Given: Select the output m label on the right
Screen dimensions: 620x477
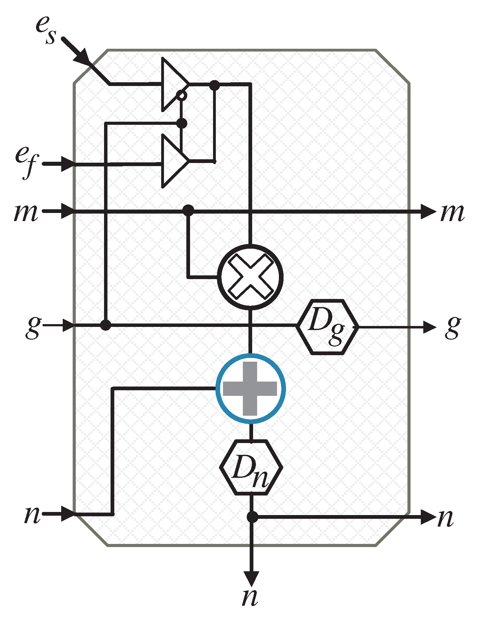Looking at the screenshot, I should click(x=452, y=212).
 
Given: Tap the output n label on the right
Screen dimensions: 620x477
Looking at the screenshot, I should click(x=446, y=518).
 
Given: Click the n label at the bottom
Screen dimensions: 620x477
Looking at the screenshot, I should click(x=250, y=596).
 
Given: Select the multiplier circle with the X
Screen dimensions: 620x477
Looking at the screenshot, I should click(x=250, y=277).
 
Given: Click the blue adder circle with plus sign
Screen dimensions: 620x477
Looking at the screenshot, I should click(x=250, y=388).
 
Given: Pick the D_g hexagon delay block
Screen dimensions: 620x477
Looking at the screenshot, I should click(x=328, y=327).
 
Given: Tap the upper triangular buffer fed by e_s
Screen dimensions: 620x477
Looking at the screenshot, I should click(x=173, y=84).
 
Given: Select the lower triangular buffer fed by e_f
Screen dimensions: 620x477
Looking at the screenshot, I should click(x=173, y=161).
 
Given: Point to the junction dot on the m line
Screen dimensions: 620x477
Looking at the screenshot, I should click(x=188, y=210).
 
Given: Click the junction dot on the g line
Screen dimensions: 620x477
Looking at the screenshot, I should click(x=106, y=325).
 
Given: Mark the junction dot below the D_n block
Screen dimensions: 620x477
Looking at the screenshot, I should click(x=252, y=517).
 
